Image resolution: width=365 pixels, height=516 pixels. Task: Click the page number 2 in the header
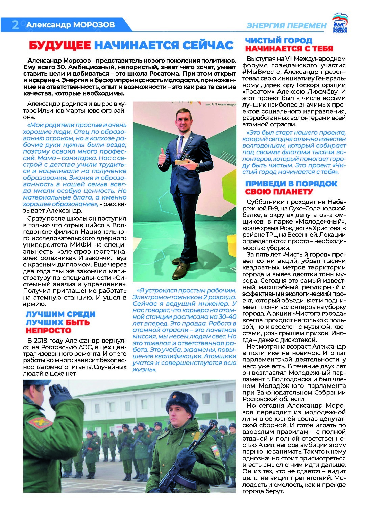15,25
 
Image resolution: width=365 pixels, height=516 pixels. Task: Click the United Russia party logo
340,23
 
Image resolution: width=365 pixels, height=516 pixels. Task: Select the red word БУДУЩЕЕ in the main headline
60,45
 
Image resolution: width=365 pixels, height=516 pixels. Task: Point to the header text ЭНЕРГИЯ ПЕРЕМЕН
287,26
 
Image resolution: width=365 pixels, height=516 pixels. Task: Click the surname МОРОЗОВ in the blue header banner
94,25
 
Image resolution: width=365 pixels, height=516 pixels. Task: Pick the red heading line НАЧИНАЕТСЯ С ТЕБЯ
289,49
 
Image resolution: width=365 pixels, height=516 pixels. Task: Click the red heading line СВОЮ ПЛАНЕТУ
279,192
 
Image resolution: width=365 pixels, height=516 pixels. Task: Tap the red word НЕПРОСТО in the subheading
49,330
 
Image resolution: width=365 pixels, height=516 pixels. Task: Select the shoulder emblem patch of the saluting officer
40,423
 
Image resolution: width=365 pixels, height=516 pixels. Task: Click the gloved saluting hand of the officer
60,393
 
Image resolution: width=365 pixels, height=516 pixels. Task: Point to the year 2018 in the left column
50,341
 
